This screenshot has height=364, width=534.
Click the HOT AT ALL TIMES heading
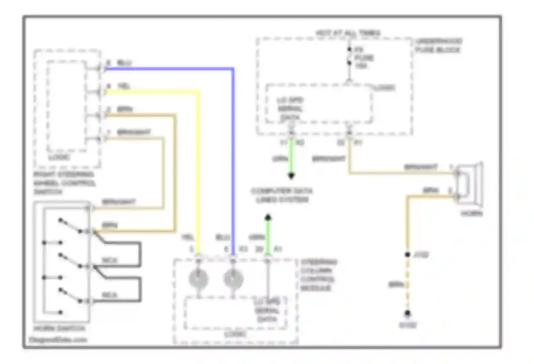347,33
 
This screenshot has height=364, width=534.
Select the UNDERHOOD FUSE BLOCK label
438,45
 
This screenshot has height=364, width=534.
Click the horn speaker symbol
470,185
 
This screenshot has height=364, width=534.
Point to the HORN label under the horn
472,214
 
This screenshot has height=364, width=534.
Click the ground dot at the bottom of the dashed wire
408,313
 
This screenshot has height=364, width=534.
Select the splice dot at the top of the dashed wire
408,255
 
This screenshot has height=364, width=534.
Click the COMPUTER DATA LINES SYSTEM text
282,195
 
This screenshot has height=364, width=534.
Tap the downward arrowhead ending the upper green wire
291,176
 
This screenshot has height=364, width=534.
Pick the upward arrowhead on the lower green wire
268,217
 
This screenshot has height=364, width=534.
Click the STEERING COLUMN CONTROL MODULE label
318,275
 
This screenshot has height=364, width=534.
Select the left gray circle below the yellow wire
198,279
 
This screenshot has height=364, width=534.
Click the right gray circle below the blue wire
233,279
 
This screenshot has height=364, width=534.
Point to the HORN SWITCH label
59,328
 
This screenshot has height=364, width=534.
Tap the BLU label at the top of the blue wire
124,63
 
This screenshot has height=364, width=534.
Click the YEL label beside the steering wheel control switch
123,86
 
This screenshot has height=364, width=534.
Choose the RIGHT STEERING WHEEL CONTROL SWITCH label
64,183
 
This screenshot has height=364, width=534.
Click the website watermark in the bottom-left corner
58,340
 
